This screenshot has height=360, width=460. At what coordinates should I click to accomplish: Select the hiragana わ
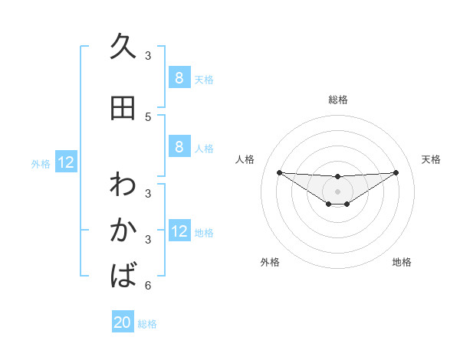pyautogui.click(x=123, y=184)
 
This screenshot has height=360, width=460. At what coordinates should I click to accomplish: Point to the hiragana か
pyautogui.click(x=123, y=230)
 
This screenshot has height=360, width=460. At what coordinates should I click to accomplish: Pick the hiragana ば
pyautogui.click(x=123, y=275)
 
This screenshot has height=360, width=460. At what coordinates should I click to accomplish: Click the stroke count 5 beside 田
pyautogui.click(x=148, y=117)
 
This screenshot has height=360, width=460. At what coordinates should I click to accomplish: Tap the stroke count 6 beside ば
pyautogui.click(x=148, y=286)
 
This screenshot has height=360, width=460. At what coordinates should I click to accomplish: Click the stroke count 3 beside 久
pyautogui.click(x=148, y=56)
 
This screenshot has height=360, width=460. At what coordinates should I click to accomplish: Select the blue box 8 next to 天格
pyautogui.click(x=179, y=77)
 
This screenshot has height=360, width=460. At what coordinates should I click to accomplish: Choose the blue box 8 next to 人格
pyautogui.click(x=179, y=147)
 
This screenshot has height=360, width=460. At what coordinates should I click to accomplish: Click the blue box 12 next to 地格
pyautogui.click(x=179, y=231)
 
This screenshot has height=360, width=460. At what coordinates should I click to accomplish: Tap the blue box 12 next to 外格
pyautogui.click(x=66, y=162)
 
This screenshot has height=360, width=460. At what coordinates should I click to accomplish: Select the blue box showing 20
pyautogui.click(x=123, y=322)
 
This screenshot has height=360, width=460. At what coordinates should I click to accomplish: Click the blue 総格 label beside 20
pyautogui.click(x=147, y=324)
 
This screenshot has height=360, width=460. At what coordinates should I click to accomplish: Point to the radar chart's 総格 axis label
pyautogui.click(x=337, y=100)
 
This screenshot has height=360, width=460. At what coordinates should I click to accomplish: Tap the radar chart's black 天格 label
pyautogui.click(x=431, y=159)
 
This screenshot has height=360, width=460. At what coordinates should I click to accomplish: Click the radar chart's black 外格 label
pyautogui.click(x=270, y=262)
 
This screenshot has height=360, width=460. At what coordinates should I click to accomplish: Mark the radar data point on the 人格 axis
pyautogui.click(x=279, y=172)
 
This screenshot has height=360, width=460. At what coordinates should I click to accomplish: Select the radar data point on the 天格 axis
pyautogui.click(x=396, y=172)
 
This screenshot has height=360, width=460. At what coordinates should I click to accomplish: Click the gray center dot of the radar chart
pyautogui.click(x=337, y=191)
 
